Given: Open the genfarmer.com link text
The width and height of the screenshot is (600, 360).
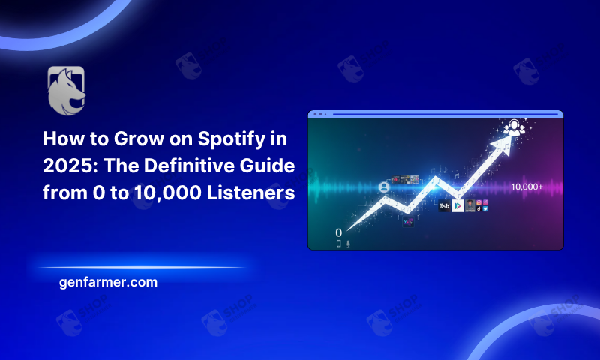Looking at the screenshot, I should [x=107, y=283].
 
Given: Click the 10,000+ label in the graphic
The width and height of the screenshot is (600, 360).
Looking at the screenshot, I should [x=526, y=186].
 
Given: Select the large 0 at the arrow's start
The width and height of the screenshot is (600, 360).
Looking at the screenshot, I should [x=339, y=232].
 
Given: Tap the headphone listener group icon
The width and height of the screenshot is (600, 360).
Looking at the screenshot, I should [x=514, y=128].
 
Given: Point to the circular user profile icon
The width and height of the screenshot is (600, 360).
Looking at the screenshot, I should [x=385, y=186].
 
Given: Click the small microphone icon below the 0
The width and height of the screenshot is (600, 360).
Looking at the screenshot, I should [x=348, y=244].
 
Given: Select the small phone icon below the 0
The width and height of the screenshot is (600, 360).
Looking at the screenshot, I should [x=338, y=244].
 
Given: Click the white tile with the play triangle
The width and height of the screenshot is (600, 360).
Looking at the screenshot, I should [x=457, y=205].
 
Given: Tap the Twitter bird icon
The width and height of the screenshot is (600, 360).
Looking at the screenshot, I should [x=486, y=209].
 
